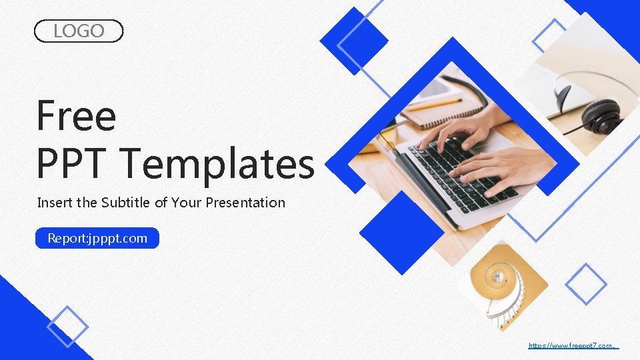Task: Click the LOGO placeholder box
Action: [x=79, y=31]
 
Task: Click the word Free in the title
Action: [x=76, y=115]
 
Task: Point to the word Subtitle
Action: [x=126, y=203]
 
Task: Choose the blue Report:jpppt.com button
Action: [x=97, y=238]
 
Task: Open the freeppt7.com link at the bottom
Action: [x=572, y=345]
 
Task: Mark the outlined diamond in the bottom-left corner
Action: [x=67, y=327]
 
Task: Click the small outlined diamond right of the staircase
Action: [x=586, y=284]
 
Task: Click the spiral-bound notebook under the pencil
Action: [x=443, y=110]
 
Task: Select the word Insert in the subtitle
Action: [x=55, y=203]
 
